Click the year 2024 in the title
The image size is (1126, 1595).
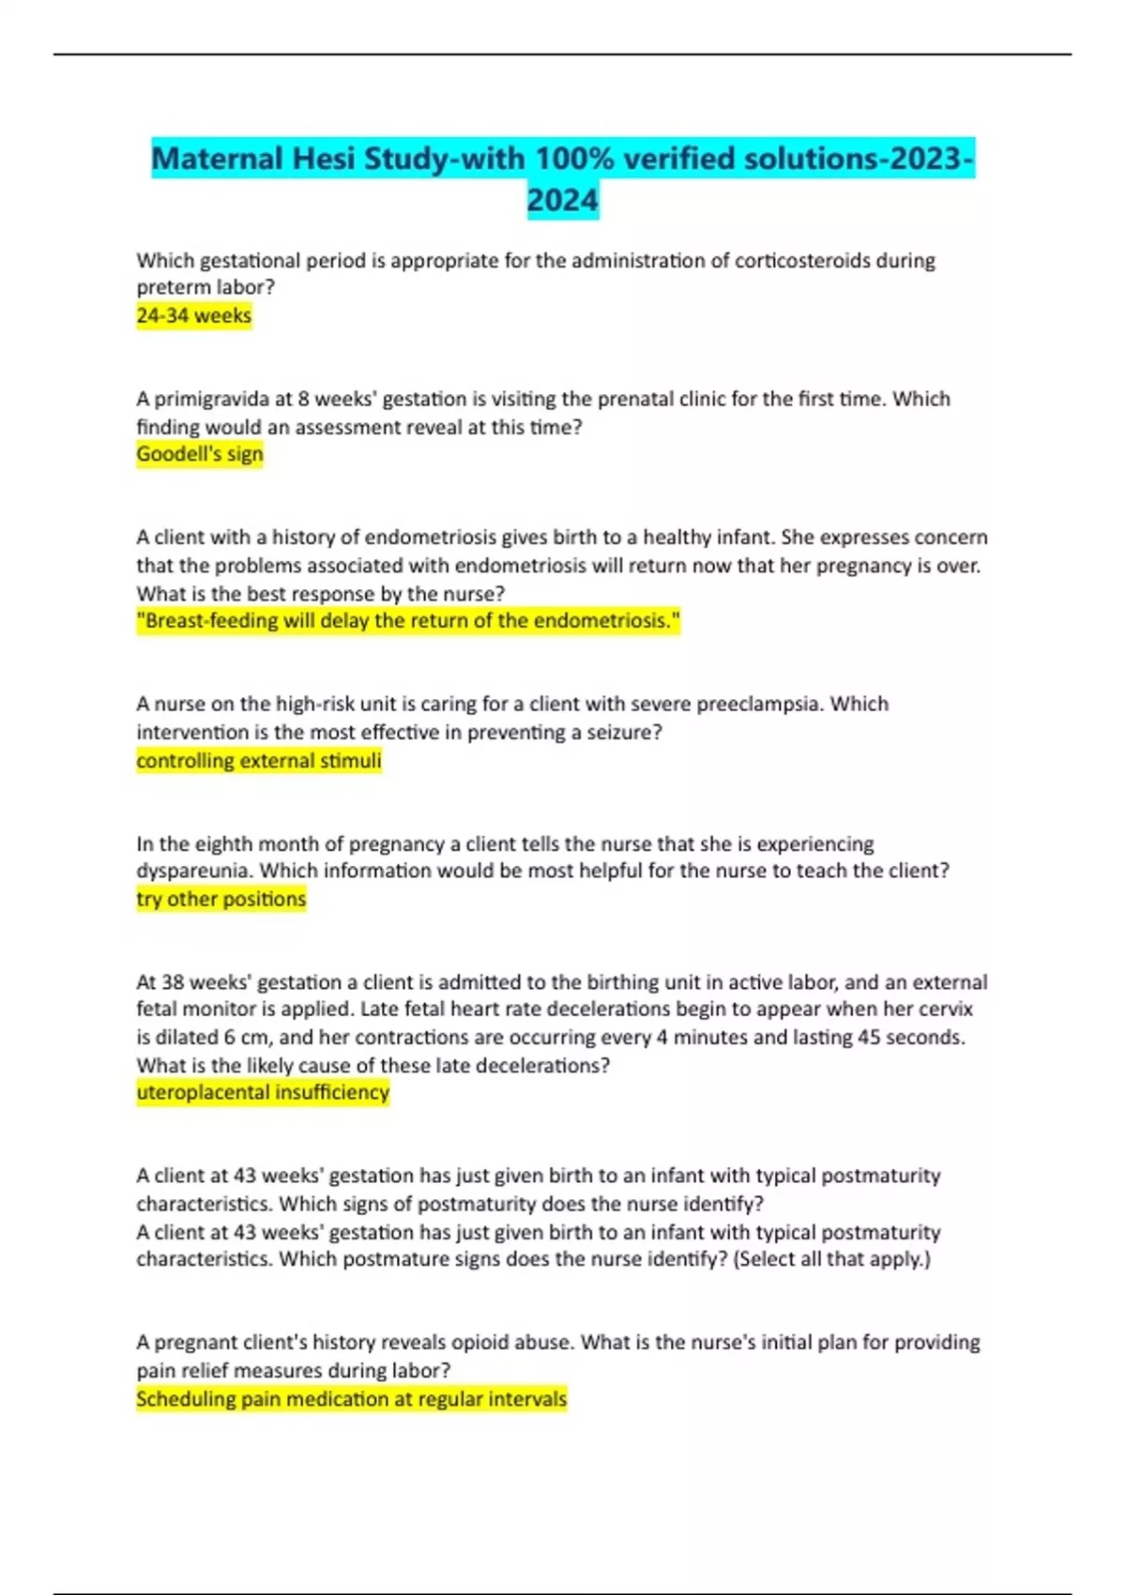tap(562, 201)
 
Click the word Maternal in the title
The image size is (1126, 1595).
tap(217, 159)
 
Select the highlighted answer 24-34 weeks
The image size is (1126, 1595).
tap(193, 316)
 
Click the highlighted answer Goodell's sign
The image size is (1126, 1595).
tap(199, 454)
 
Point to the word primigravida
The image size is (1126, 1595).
tap(211, 399)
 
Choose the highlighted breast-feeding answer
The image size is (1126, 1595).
tap(407, 621)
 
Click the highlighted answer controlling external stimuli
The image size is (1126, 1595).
tap(258, 760)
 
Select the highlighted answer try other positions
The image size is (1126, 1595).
tap(221, 899)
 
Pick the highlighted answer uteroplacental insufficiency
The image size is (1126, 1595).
tap(262, 1092)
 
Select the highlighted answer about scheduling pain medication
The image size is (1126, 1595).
tap(351, 1399)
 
